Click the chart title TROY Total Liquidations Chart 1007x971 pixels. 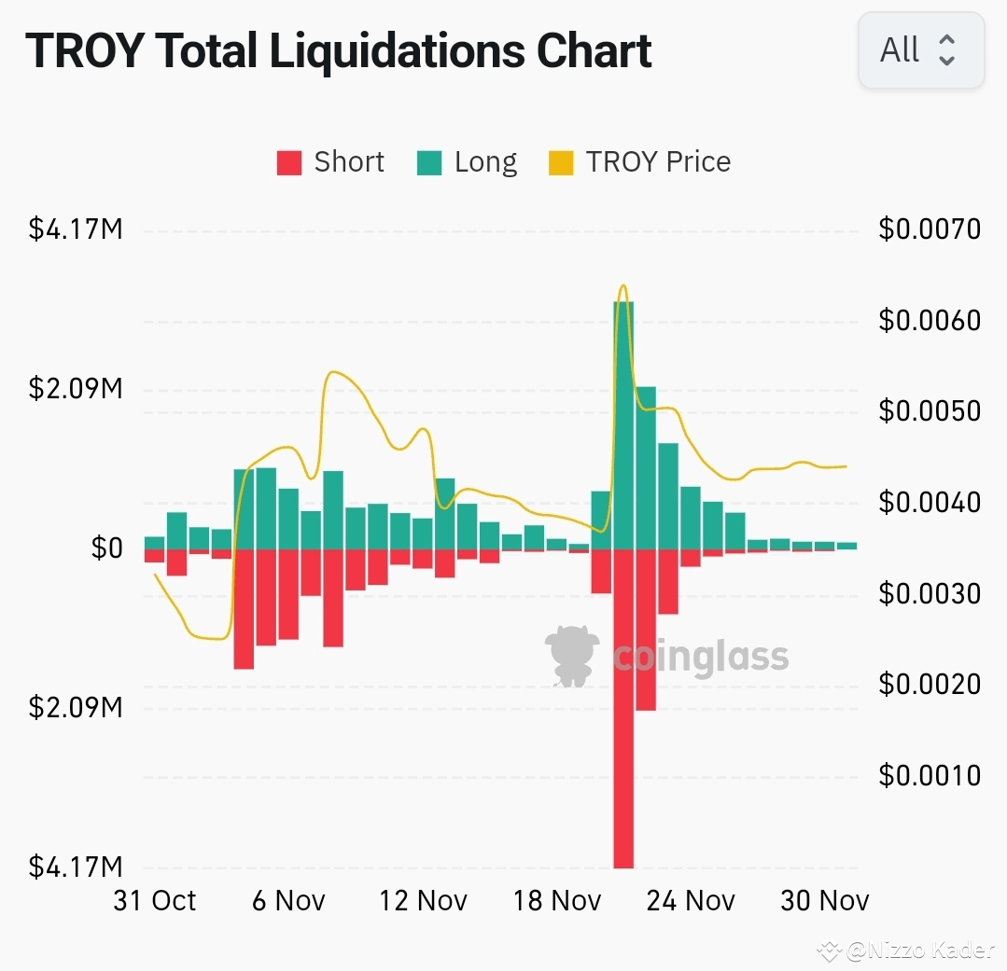pyautogui.click(x=338, y=51)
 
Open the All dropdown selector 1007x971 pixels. pyautogui.click(x=920, y=50)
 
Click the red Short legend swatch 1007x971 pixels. pyautogui.click(x=289, y=163)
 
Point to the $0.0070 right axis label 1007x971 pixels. pyautogui.click(x=930, y=229)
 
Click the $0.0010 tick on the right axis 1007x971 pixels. pyautogui.click(x=930, y=775)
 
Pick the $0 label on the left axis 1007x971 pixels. pyautogui.click(x=106, y=548)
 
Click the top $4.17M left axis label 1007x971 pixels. pyautogui.click(x=76, y=229)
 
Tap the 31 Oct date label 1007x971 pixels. pyautogui.click(x=155, y=900)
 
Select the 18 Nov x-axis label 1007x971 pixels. pyautogui.click(x=557, y=900)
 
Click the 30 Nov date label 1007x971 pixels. pyautogui.click(x=825, y=900)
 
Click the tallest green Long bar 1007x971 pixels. pyautogui.click(x=623, y=424)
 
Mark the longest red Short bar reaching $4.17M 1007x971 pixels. pyautogui.click(x=623, y=709)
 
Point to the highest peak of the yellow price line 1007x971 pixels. pyautogui.click(x=622, y=286)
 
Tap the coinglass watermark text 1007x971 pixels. pyautogui.click(x=701, y=658)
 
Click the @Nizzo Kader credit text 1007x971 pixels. pyautogui.click(x=919, y=950)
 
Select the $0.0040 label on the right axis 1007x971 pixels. pyautogui.click(x=930, y=503)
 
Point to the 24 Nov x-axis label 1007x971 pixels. pyautogui.click(x=691, y=900)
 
